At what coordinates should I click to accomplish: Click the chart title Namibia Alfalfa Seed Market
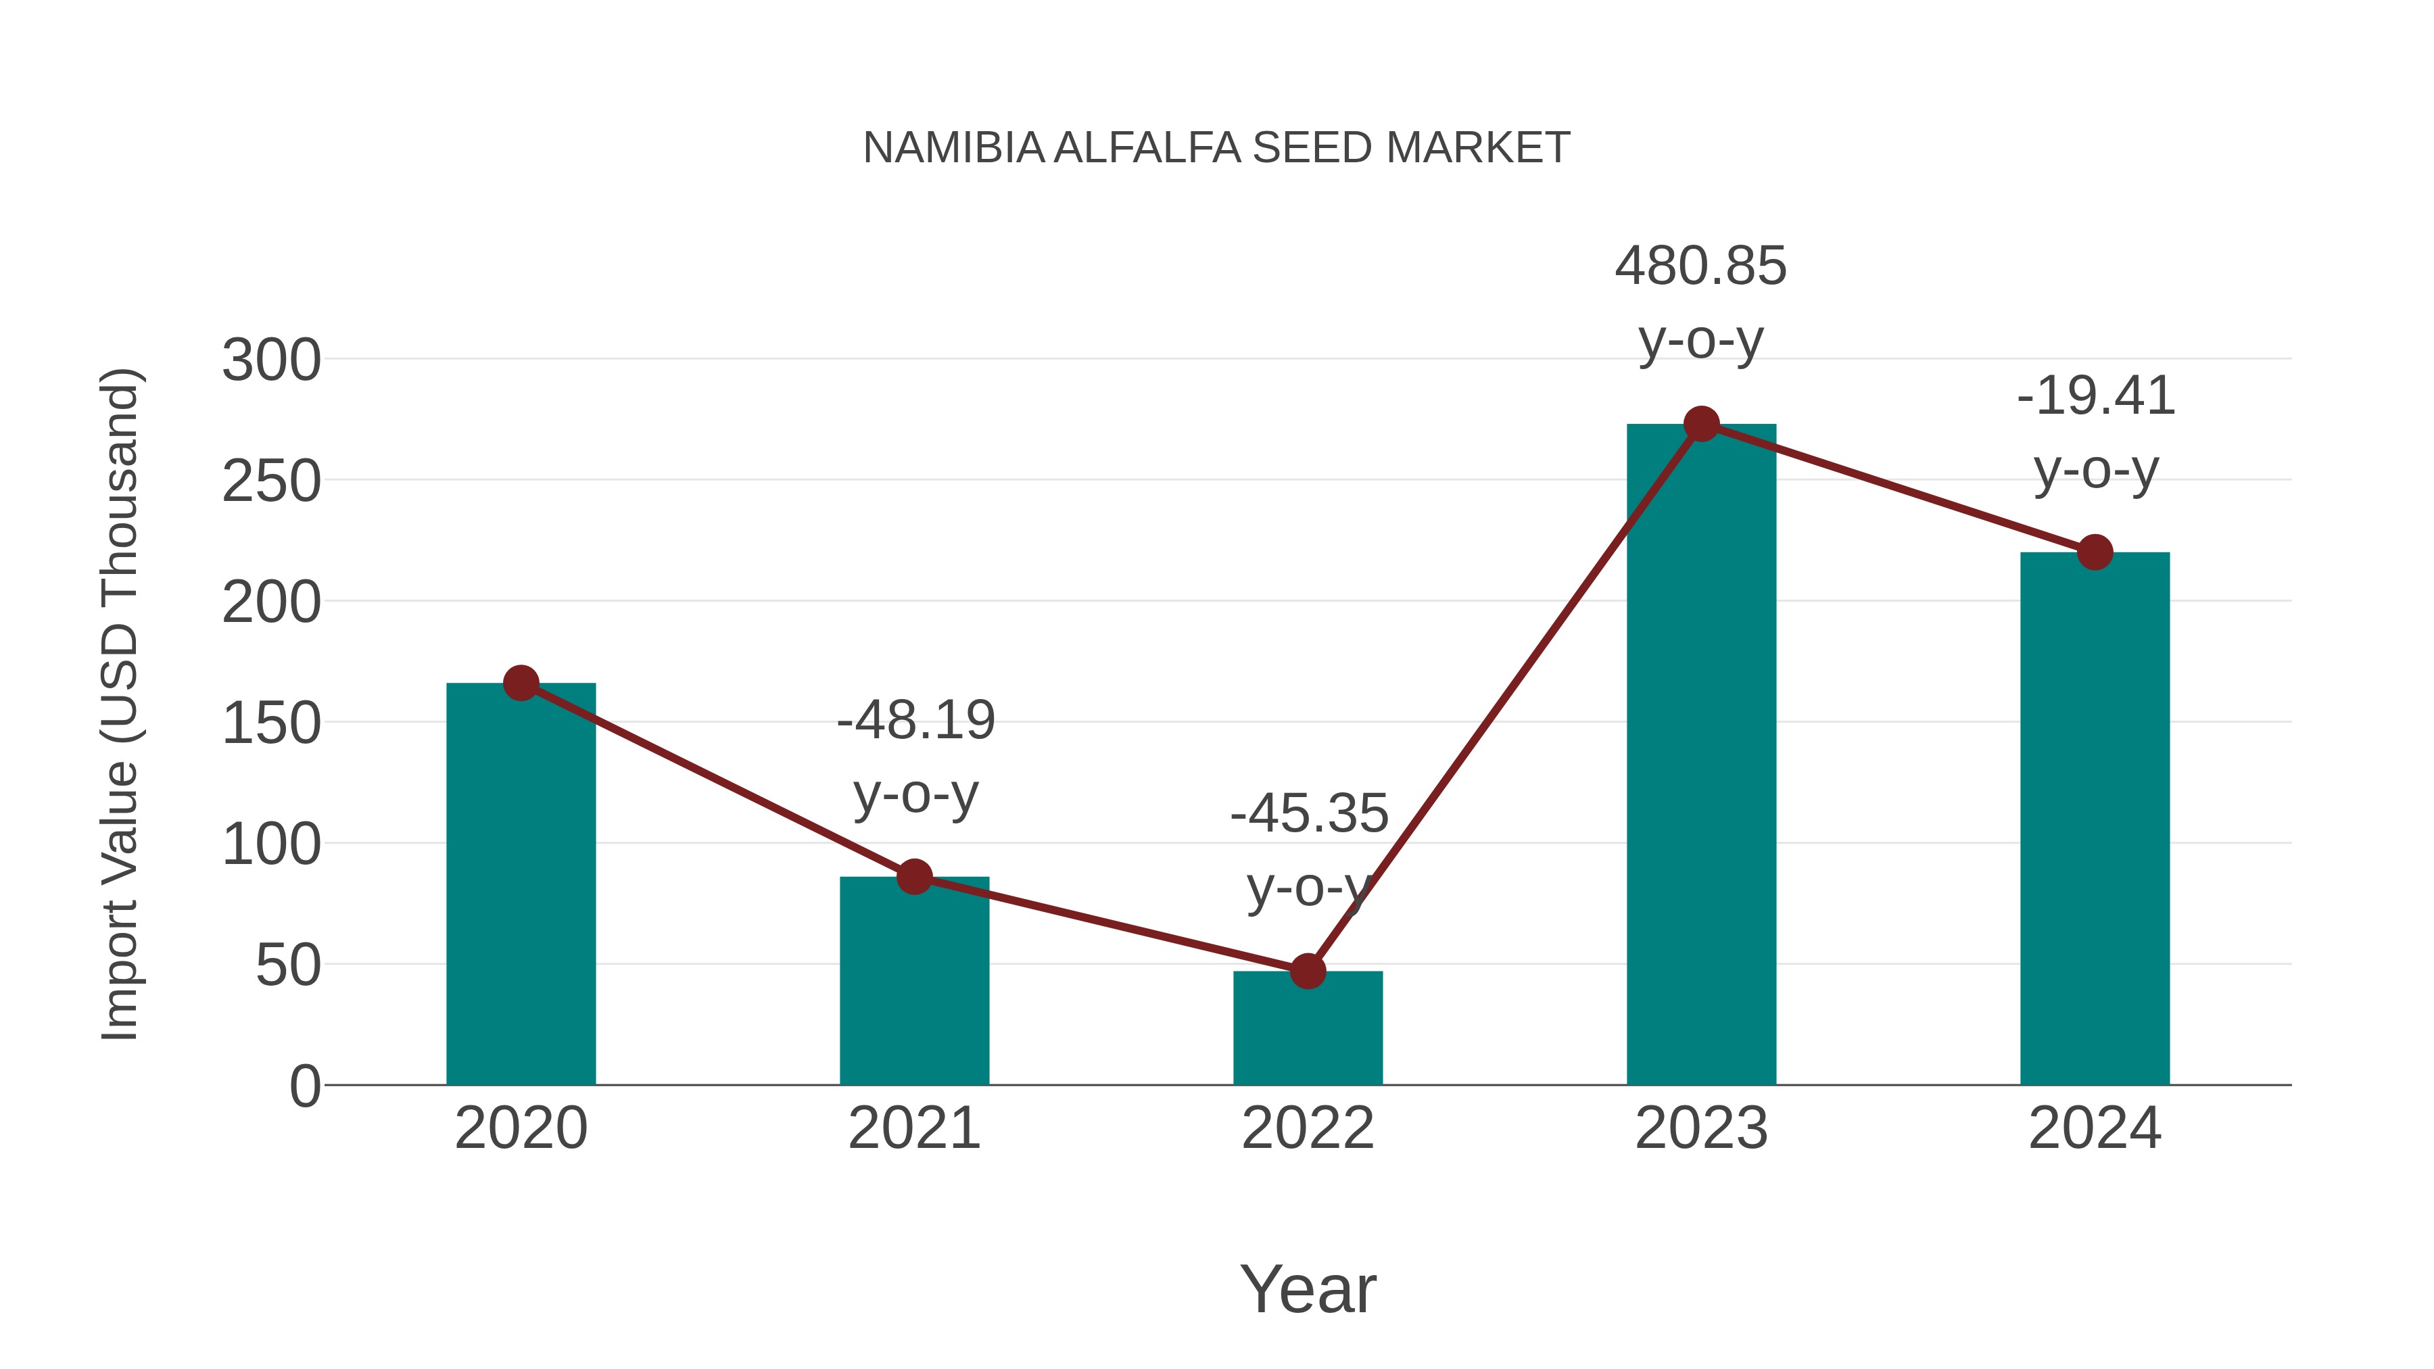(1216, 148)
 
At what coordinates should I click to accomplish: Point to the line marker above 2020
(521, 682)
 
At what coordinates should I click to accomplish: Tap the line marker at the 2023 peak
(1701, 424)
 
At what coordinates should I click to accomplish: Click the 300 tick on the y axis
(271, 361)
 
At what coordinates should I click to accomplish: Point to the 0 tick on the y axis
(304, 1086)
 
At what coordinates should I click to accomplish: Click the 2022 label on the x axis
(1308, 1128)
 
